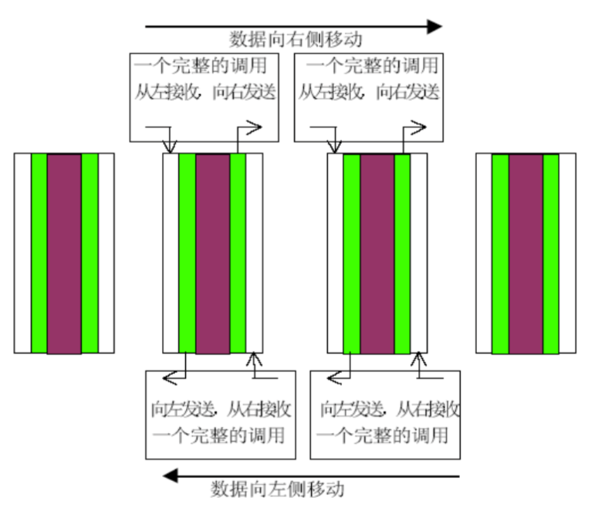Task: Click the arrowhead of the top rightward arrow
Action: click(434, 26)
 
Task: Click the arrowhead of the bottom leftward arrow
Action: click(171, 476)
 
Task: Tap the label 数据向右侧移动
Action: click(296, 39)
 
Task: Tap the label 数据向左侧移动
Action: click(277, 489)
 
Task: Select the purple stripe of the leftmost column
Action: click(64, 254)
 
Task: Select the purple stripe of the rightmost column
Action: click(526, 254)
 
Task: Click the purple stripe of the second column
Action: click(213, 254)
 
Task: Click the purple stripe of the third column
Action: click(377, 254)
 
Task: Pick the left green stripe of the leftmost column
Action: click(39, 254)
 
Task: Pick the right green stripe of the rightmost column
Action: click(551, 254)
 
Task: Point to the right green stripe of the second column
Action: click(238, 254)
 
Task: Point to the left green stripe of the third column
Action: click(352, 254)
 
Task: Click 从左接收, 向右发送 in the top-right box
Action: click(369, 92)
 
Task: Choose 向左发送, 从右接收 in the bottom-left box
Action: click(221, 409)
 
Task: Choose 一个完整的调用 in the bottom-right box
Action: click(382, 435)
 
